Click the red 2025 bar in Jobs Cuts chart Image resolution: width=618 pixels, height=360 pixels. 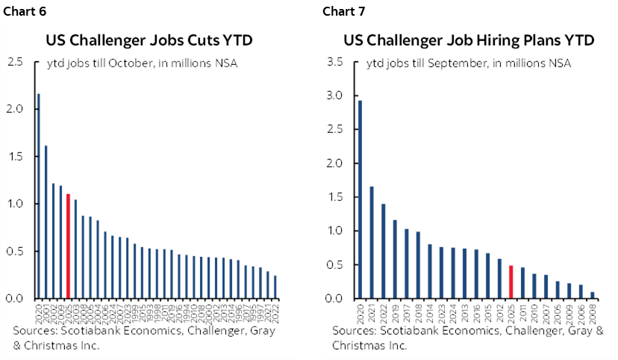(68, 246)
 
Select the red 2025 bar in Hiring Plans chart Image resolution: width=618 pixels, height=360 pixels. (511, 282)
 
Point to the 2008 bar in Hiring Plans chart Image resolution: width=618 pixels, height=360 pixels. (592, 295)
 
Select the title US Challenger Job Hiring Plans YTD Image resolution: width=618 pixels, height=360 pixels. (469, 40)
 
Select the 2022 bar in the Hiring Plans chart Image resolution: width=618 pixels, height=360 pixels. (383, 251)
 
